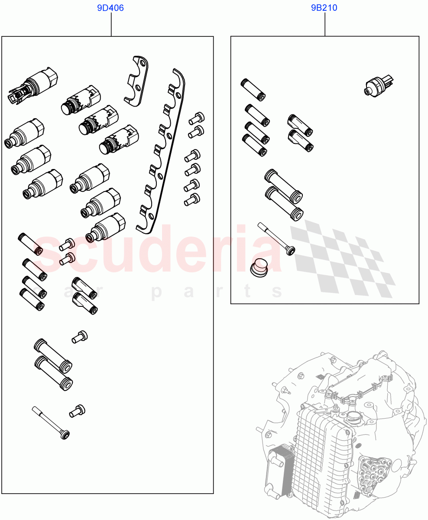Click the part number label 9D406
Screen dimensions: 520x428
(x=111, y=8)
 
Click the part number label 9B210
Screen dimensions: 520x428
(x=324, y=8)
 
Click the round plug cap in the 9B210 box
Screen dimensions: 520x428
(x=259, y=267)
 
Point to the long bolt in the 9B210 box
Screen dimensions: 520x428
(x=276, y=238)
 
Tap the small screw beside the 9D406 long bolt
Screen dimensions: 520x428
(x=78, y=410)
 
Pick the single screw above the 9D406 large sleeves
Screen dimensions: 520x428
(x=80, y=337)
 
